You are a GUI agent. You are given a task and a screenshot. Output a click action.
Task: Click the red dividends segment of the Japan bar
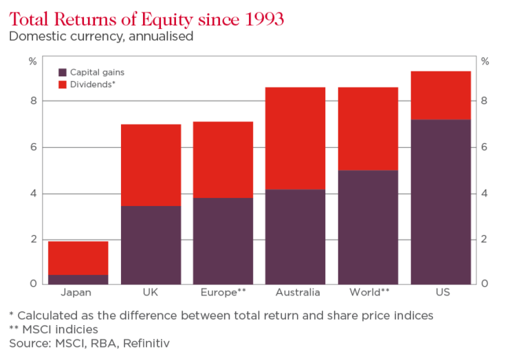click(x=78, y=258)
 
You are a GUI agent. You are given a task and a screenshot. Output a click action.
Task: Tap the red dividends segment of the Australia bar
click(x=296, y=137)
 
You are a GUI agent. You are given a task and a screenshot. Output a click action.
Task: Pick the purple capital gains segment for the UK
click(x=151, y=245)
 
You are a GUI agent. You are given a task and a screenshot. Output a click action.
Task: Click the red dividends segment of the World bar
click(x=368, y=128)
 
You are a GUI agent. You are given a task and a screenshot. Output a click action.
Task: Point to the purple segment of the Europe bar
click(x=223, y=240)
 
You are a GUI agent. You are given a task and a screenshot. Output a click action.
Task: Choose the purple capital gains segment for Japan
click(x=78, y=279)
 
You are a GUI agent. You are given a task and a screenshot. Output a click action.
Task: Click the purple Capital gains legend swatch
click(x=63, y=72)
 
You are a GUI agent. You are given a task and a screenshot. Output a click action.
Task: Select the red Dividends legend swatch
click(x=63, y=85)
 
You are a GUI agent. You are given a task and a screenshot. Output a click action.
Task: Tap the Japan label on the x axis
click(x=76, y=293)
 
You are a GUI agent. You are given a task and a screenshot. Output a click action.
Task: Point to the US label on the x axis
click(x=441, y=293)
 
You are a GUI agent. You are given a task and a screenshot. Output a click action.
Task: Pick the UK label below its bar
click(x=151, y=293)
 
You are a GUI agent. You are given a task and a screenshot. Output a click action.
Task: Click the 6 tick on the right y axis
click(x=484, y=147)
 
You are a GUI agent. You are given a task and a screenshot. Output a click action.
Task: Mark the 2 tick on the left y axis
click(x=32, y=239)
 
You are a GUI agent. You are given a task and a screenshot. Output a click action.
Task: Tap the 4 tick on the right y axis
click(x=484, y=193)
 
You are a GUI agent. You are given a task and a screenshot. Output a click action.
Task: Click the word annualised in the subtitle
click(x=159, y=36)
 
